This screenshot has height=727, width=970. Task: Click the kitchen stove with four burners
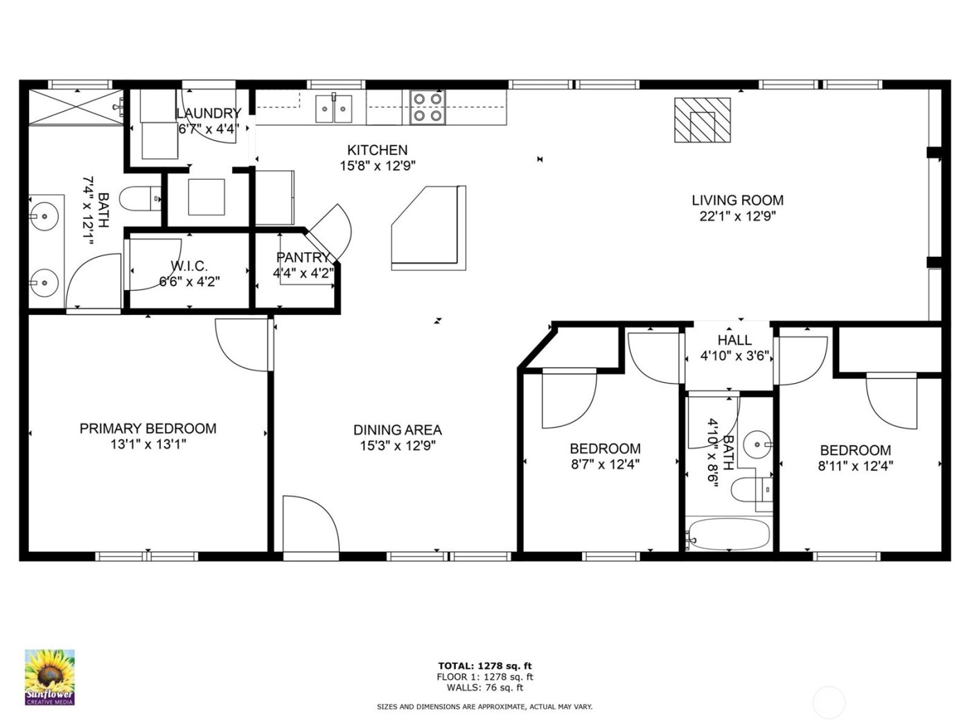pos(427,107)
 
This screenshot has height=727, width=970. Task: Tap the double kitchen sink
pos(334,109)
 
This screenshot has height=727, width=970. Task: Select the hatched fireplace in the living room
pos(703,120)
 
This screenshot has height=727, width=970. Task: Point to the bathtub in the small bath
pos(728,535)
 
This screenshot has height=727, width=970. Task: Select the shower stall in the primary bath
pos(76,107)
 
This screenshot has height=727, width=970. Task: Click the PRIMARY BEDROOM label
pos(148,429)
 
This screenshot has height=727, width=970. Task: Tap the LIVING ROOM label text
pos(737,201)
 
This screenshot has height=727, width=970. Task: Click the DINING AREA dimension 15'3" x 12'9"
pos(397,447)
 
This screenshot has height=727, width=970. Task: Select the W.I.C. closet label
pos(189,266)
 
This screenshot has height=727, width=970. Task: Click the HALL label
pos(734,340)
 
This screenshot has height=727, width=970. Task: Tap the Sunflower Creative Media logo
pos(50,676)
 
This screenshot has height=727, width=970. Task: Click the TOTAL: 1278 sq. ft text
pos(484,665)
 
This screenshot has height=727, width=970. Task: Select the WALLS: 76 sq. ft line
pos(484,688)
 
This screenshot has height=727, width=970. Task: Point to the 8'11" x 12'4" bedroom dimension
pos(855,466)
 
